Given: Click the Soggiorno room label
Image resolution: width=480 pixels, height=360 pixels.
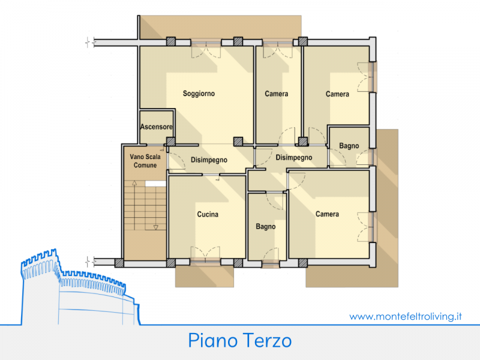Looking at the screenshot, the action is [x=199, y=94].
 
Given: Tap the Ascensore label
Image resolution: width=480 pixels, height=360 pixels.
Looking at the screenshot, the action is [x=156, y=127].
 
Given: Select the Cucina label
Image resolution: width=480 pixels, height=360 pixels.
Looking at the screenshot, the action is [x=208, y=214].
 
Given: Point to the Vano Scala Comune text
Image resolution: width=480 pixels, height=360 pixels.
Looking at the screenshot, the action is [x=145, y=161].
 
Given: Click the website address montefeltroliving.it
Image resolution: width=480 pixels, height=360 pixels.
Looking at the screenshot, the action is [x=406, y=316].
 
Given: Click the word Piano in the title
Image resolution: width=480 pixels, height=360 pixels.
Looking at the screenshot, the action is [x=213, y=340].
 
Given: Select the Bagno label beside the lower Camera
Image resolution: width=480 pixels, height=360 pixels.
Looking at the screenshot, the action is [x=266, y=227].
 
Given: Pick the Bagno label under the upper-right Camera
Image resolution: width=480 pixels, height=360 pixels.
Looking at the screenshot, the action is [x=349, y=146].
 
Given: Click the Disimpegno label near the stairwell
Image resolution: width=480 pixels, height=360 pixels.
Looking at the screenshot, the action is [x=209, y=160].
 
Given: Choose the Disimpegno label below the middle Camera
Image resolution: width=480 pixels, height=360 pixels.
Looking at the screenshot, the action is [x=294, y=158].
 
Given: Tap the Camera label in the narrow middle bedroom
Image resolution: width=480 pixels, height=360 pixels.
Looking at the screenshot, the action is [x=277, y=94].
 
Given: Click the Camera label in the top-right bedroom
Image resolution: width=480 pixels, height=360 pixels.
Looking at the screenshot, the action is [x=337, y=94].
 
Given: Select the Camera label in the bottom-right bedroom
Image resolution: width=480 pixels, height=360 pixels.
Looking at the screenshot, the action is [x=327, y=214].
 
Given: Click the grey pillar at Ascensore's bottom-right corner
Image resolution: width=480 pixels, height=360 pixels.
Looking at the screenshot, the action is [x=171, y=142].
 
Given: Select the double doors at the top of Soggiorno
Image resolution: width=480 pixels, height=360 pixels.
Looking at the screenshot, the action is [x=206, y=49].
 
